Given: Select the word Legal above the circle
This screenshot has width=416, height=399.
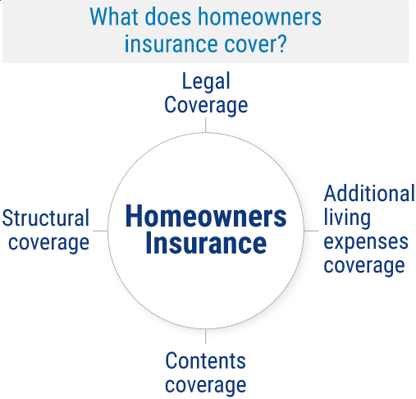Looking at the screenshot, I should point(206,82).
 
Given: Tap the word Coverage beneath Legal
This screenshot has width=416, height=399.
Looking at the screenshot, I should point(206,105).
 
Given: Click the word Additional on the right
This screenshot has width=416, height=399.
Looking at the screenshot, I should point(369,194).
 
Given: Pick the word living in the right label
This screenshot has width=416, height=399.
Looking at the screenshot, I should point(347,218).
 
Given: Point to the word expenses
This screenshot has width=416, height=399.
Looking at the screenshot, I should point(366,241).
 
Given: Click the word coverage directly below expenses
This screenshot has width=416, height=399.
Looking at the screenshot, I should point(364,265).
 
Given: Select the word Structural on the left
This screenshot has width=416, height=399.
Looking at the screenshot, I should point(46,218).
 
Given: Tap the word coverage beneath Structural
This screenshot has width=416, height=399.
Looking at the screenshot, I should point(46,242).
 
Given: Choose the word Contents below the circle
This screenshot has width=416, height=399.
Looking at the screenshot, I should point(205,360).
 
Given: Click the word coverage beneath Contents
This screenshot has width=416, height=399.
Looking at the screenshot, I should point(205,384).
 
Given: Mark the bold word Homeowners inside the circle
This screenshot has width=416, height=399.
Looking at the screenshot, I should point(206,217).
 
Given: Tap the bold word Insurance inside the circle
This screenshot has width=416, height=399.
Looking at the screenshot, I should point(206,244).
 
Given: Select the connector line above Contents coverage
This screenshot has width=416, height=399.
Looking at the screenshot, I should point(206,337).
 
